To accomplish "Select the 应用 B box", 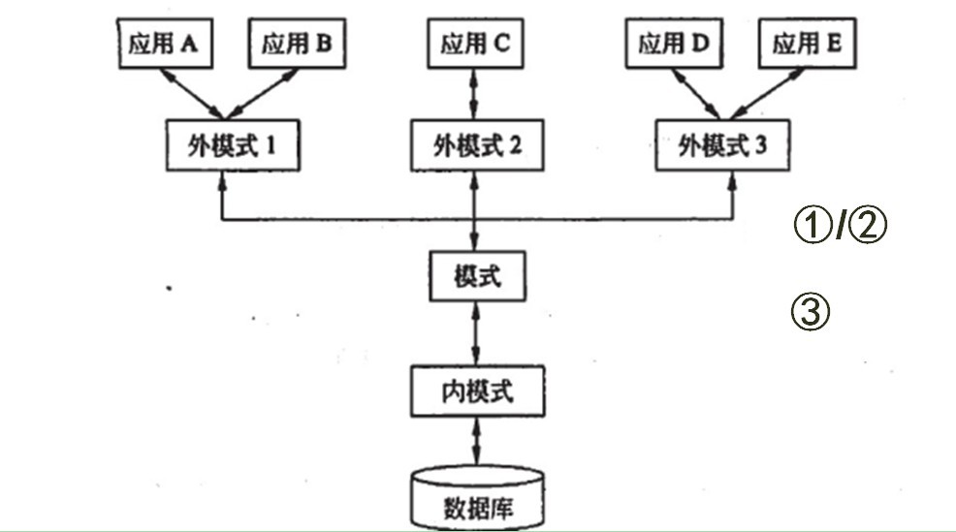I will (297, 45).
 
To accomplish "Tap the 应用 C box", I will (474, 45).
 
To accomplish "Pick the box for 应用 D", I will (675, 45).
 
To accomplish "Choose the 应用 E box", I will (808, 45).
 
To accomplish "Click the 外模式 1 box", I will (231, 145).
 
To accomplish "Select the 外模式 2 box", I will (474, 145).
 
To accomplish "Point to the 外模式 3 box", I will (722, 145).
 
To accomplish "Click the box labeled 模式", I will (475, 278).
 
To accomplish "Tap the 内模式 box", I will (475, 393).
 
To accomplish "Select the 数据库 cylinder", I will (475, 499).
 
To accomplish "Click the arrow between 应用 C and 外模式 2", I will (474, 94).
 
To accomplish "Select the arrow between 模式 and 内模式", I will (475, 335).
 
